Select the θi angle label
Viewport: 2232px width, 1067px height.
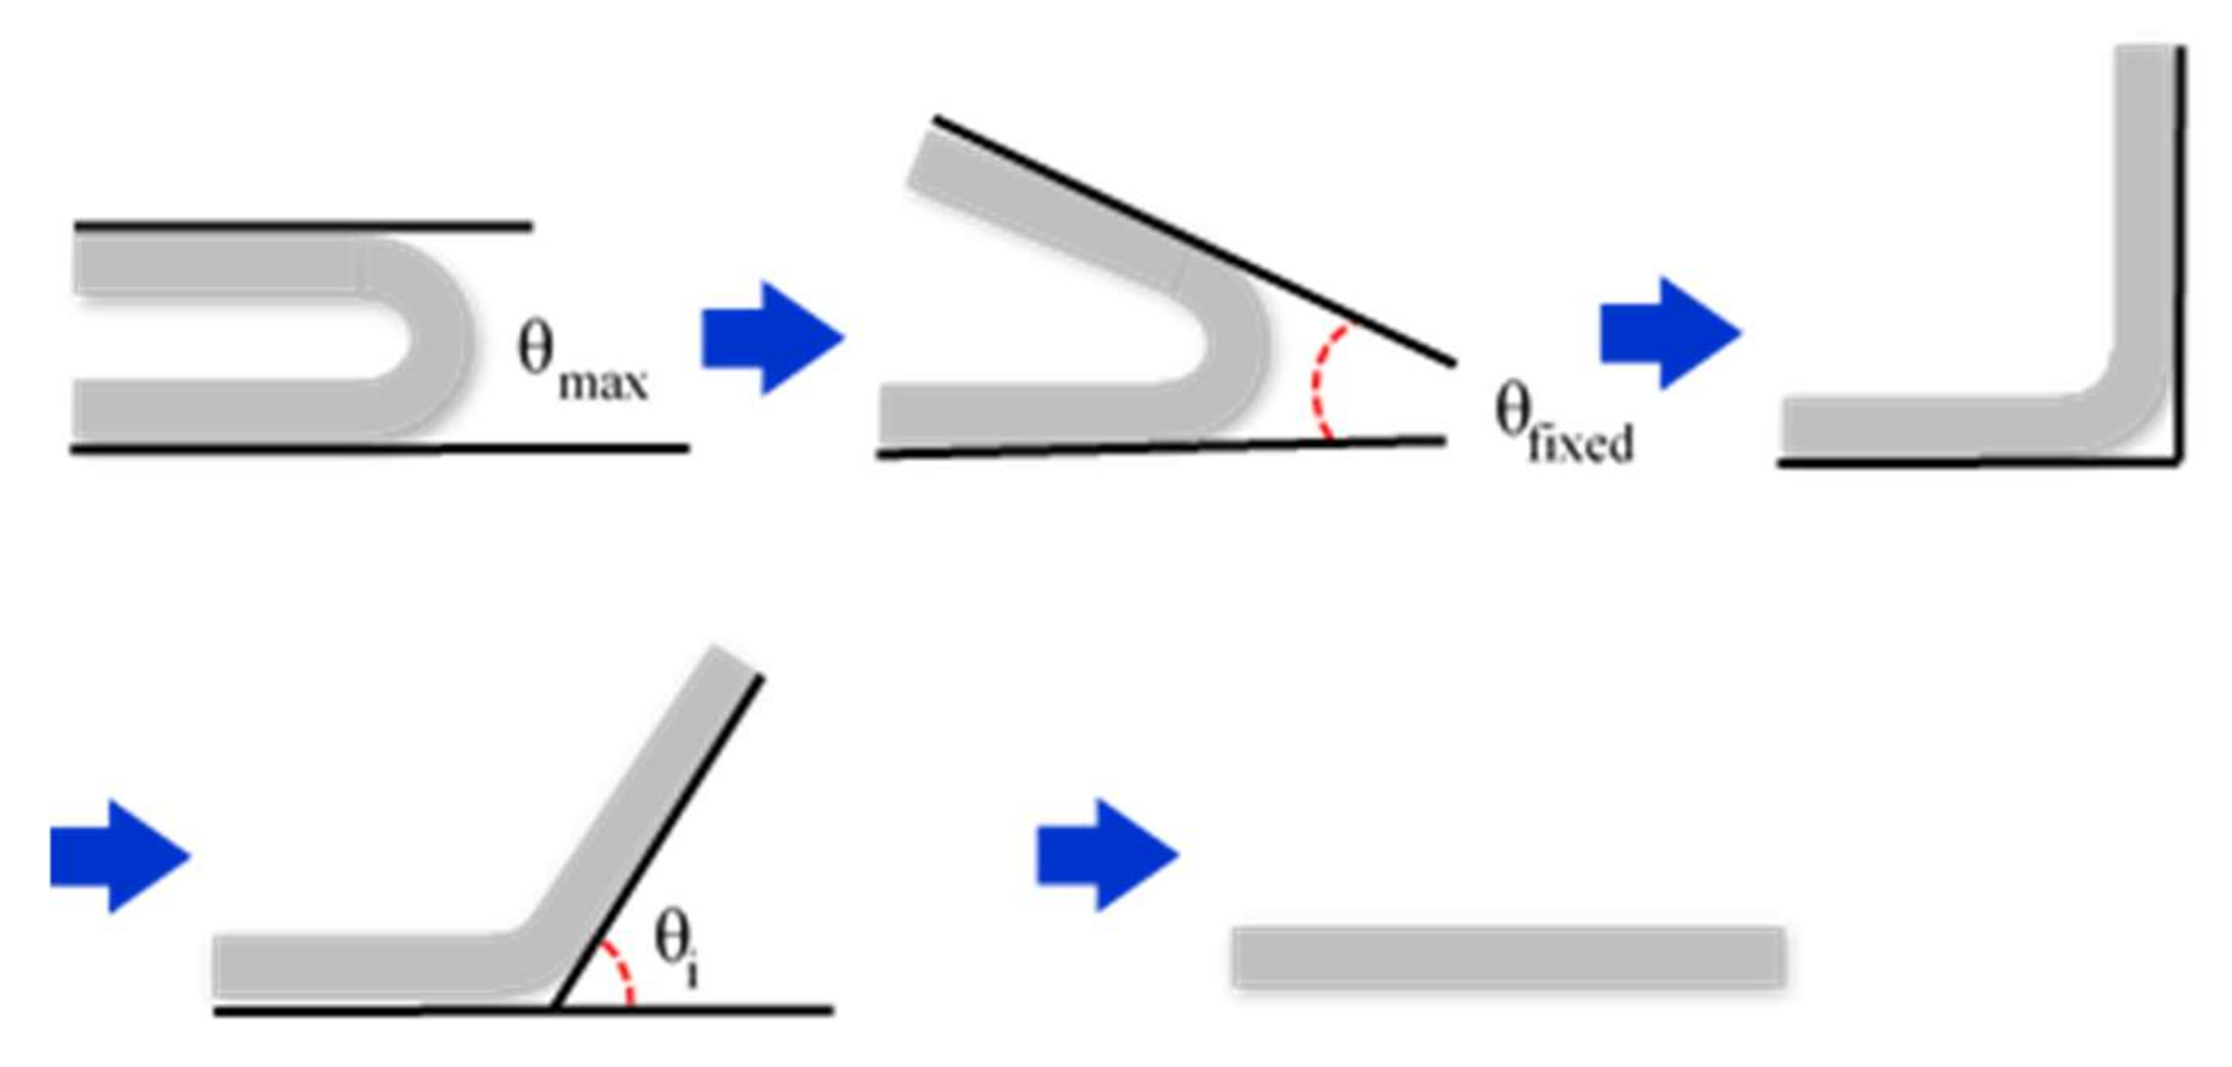(676, 949)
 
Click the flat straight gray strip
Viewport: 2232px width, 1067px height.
(1509, 957)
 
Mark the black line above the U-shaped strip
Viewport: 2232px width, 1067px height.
(303, 226)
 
